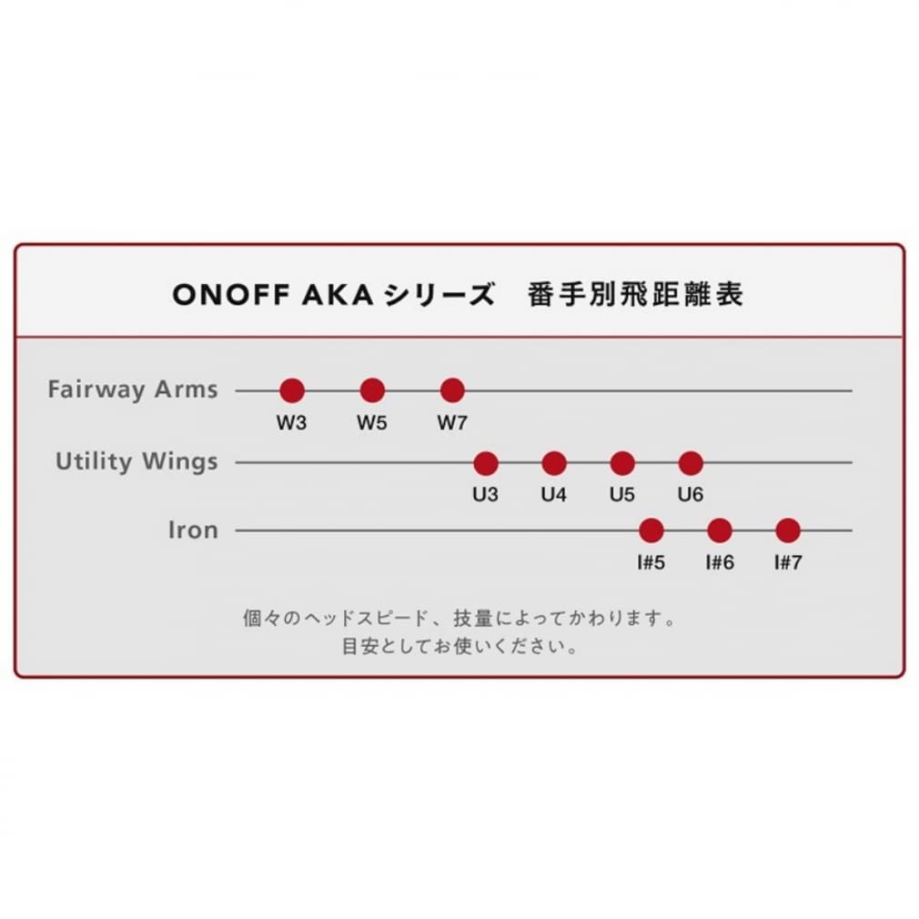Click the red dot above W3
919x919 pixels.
(x=291, y=390)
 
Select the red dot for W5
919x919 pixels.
(x=372, y=390)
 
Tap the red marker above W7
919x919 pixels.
(x=452, y=390)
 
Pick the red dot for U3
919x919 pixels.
(x=486, y=463)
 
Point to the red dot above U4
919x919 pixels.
(x=554, y=463)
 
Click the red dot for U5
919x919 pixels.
(x=622, y=463)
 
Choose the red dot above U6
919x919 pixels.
(x=691, y=463)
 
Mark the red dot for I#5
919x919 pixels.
(x=651, y=530)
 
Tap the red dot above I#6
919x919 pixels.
(x=720, y=530)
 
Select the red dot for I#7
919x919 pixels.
(x=788, y=530)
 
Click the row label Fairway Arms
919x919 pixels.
(x=133, y=390)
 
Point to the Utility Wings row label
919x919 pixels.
(x=136, y=462)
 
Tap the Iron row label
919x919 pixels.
(x=193, y=530)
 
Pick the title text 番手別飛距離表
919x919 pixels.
(x=635, y=296)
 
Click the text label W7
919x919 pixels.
(x=452, y=423)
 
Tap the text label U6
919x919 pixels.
(x=691, y=496)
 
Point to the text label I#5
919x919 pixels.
(x=651, y=562)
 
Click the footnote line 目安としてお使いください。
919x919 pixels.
(x=459, y=648)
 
